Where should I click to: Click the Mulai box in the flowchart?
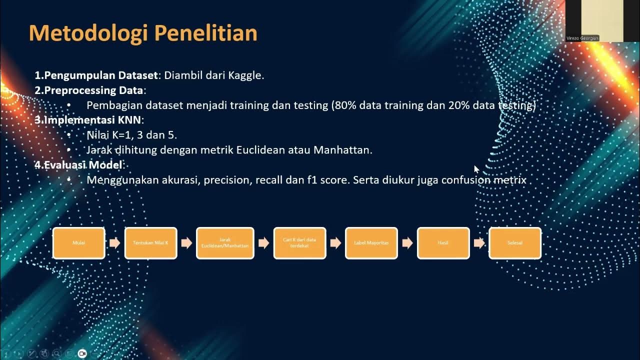click(79, 243)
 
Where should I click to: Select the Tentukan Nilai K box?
click(150, 243)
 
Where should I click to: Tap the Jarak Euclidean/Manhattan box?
click(225, 243)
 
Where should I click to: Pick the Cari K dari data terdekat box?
click(299, 243)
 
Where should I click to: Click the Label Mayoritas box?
click(371, 243)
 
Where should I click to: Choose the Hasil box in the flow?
click(443, 243)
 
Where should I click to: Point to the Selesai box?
click(515, 243)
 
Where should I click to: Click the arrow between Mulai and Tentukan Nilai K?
click(115, 243)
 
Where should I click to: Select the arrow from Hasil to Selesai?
click(479, 243)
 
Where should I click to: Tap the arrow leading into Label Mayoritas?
click(335, 243)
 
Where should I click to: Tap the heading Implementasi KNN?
click(93, 120)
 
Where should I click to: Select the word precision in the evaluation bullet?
click(228, 180)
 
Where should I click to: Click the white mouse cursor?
click(476, 169)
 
